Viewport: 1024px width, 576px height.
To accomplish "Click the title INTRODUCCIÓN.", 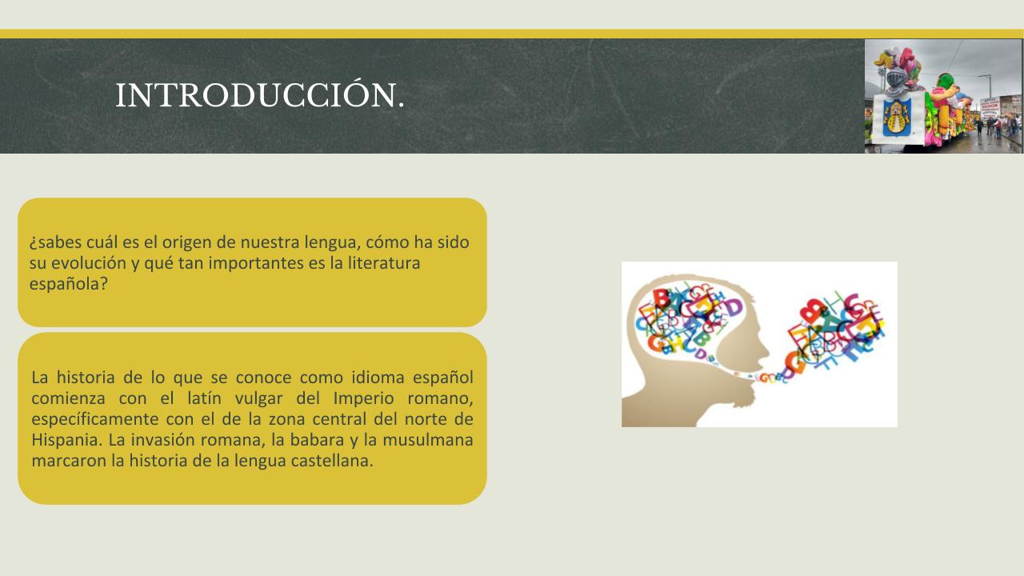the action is coord(260,95).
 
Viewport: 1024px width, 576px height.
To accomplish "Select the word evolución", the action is coord(88,263).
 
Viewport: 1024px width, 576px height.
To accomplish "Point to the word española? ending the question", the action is coord(69,284).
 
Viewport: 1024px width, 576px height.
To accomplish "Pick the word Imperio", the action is coord(363,398).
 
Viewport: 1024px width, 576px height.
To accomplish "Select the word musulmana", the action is coord(427,440).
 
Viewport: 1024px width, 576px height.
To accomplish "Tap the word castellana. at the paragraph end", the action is coord(332,460).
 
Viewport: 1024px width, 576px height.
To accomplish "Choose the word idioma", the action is coord(378,378).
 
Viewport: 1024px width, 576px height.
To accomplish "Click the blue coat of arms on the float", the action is coord(897,118).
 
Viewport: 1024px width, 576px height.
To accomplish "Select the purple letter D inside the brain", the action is coord(733,306).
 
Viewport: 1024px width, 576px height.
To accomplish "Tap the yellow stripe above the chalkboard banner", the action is coord(512,34).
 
